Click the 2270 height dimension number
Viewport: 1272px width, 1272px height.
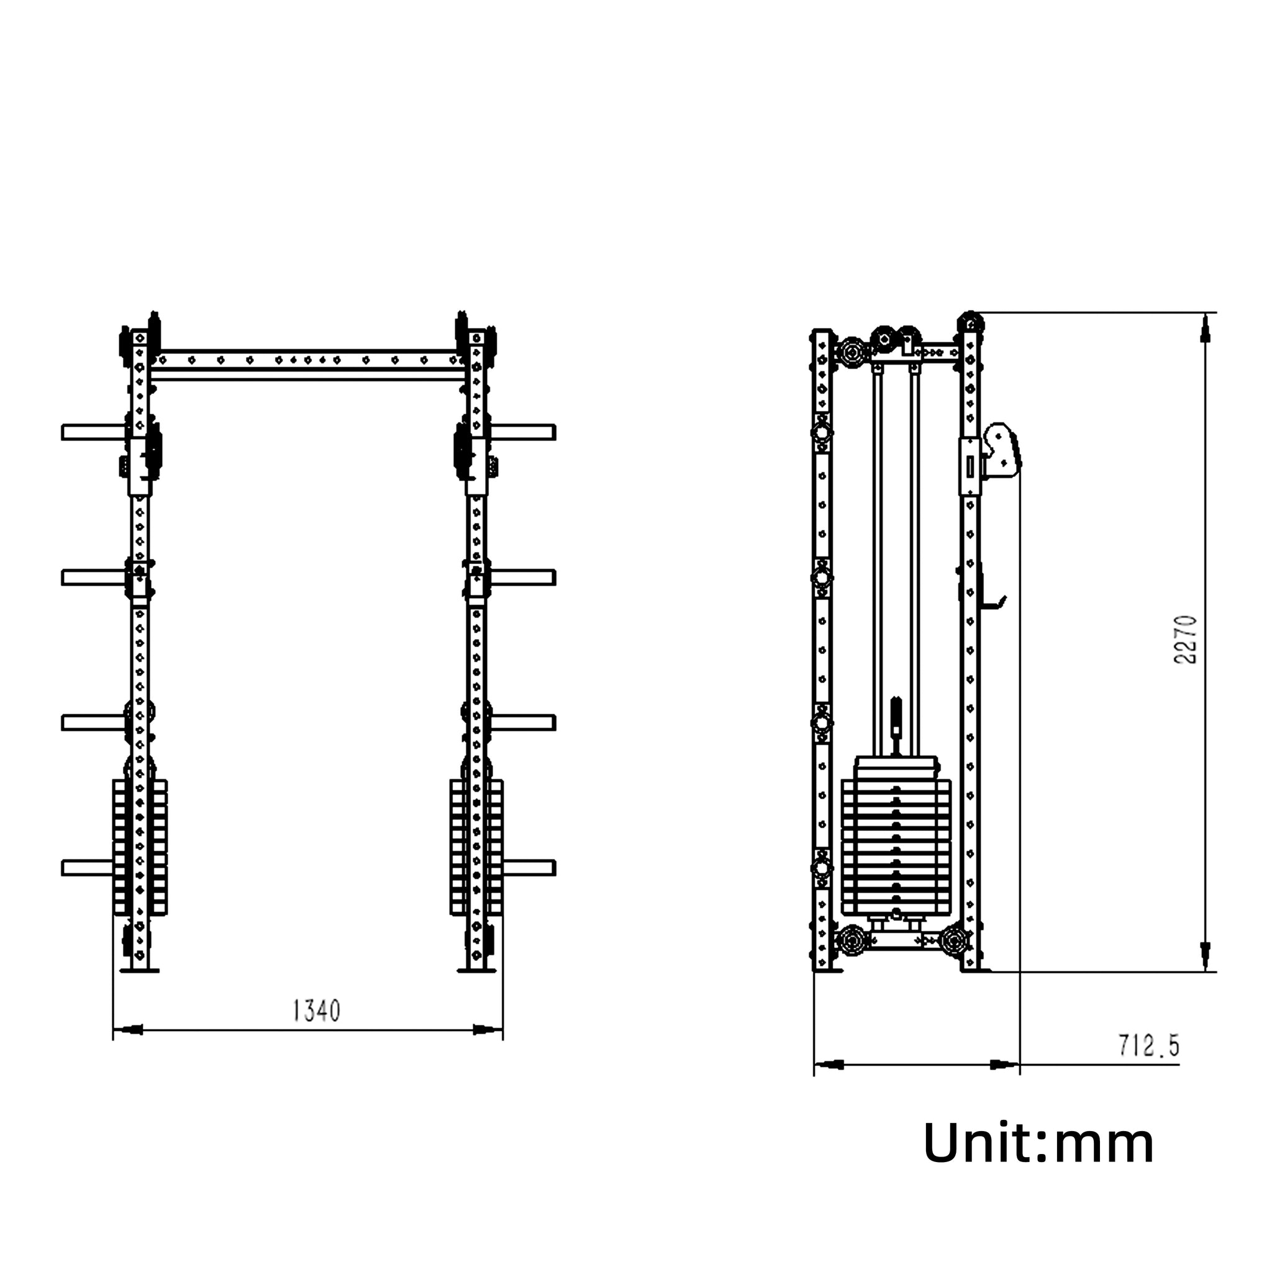1185,639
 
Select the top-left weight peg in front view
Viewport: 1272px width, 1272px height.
94,432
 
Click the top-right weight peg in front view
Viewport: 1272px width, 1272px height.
523,432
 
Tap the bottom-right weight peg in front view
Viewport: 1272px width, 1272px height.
529,868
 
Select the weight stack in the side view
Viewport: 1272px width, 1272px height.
896,836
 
